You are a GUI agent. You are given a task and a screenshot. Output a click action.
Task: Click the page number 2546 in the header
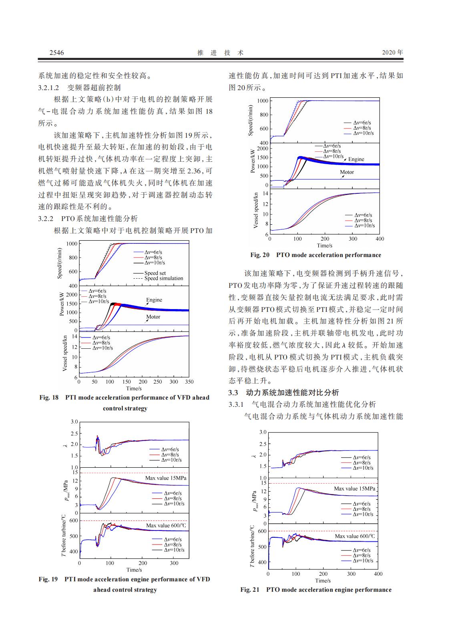click(56, 52)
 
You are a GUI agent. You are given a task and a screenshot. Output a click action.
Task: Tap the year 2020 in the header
click(388, 52)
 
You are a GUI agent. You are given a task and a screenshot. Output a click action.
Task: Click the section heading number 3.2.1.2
click(48, 87)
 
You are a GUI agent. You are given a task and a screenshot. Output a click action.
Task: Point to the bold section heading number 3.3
click(233, 392)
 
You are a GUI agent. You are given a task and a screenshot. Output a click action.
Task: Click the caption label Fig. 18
click(49, 398)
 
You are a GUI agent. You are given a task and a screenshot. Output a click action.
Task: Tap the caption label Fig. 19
click(48, 579)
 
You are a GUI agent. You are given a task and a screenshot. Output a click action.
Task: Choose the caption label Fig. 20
click(260, 255)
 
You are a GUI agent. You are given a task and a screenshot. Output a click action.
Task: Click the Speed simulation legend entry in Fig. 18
click(163, 278)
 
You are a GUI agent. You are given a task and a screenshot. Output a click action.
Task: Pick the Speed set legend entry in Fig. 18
click(155, 273)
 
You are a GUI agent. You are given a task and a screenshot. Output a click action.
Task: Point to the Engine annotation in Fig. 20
click(356, 159)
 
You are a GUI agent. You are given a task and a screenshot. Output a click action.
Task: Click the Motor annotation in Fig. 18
click(153, 317)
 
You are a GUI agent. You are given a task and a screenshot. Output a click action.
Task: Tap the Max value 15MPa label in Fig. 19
click(165, 478)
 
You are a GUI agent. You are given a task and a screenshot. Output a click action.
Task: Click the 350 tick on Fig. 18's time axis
click(189, 382)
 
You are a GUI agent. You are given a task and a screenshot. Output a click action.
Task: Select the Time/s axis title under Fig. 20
click(324, 245)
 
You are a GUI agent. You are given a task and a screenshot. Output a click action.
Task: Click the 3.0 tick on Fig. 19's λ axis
click(74, 422)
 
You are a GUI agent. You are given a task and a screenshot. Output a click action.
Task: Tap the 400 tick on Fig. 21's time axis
click(378, 574)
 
